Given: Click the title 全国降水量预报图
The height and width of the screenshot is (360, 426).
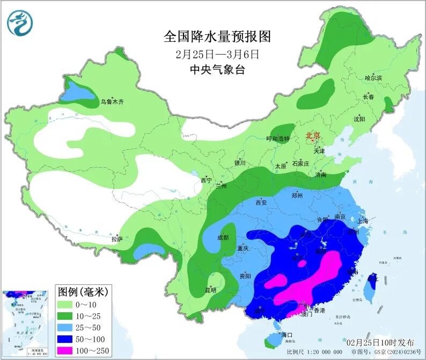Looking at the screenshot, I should (217, 36).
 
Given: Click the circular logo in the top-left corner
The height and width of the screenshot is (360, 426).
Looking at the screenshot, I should (20, 23).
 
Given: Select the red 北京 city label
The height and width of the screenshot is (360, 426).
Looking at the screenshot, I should (313, 136).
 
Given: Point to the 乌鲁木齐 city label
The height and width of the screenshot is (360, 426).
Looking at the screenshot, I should (112, 101).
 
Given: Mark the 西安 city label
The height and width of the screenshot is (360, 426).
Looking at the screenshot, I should (261, 203).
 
